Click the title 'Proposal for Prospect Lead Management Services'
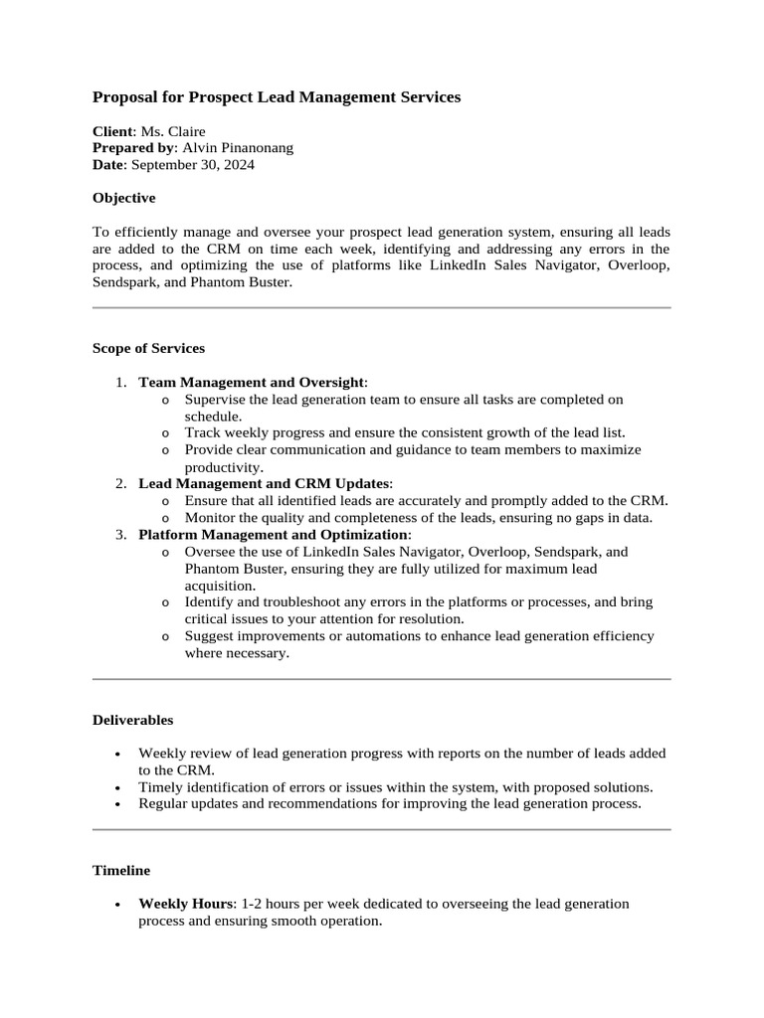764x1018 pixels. pos(277,97)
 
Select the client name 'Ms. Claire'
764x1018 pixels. pos(173,131)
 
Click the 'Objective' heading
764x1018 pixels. pos(124,198)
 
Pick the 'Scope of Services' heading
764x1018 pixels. pos(149,348)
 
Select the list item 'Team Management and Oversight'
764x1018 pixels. pos(252,382)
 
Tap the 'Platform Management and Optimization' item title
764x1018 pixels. pos(273,534)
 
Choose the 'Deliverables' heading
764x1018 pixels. pos(133,720)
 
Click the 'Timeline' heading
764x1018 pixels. pos(121,870)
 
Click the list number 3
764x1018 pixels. pos(120,534)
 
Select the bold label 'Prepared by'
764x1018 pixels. pos(131,148)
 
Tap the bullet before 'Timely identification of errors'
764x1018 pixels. pos(118,787)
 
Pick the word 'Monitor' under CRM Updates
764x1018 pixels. pos(209,517)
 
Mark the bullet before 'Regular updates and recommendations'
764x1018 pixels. pos(118,804)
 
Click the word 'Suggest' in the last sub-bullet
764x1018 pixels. pos(209,635)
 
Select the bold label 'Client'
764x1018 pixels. pos(112,131)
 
